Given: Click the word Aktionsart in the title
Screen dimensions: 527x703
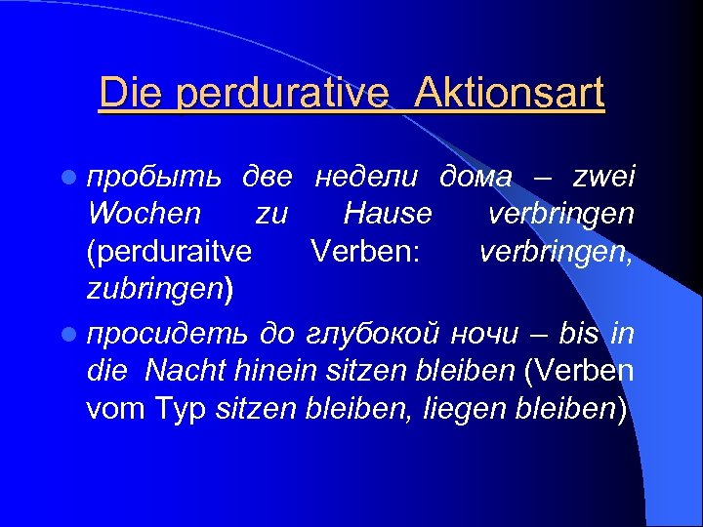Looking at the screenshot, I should [509, 94].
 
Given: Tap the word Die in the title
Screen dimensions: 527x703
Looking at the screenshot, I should [126, 94].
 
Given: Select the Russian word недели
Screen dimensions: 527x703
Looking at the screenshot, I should [365, 177].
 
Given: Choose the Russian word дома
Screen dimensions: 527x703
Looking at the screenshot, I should [476, 177].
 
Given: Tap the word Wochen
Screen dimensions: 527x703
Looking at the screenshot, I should [144, 214].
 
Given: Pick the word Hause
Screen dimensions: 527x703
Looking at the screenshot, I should [388, 214].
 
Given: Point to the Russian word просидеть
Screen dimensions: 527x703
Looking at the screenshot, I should [165, 336].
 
